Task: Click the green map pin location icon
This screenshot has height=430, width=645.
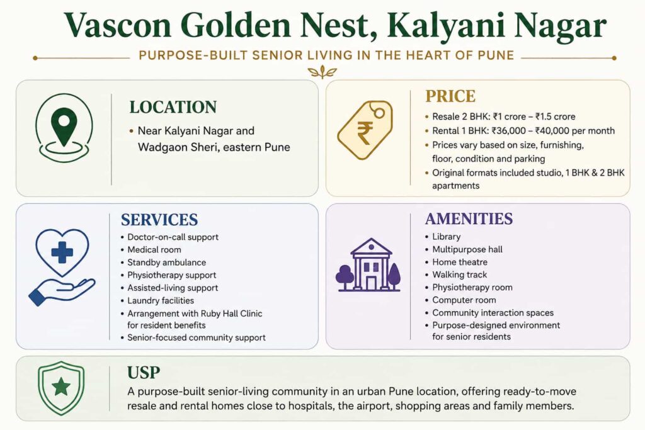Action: pyautogui.click(x=64, y=127)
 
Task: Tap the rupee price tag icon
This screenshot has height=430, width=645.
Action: pyautogui.click(x=365, y=130)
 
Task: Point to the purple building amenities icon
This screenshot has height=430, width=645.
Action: pyautogui.click(x=368, y=265)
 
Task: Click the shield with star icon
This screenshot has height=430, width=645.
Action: pyautogui.click(x=61, y=388)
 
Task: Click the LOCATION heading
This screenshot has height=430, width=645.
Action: pyautogui.click(x=173, y=107)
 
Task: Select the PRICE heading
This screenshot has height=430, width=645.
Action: pyautogui.click(x=450, y=96)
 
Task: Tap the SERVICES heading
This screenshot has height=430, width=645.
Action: pyautogui.click(x=159, y=220)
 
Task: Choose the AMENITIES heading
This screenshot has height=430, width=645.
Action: pyautogui.click(x=469, y=219)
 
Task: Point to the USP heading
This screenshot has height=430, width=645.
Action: pyautogui.click(x=144, y=373)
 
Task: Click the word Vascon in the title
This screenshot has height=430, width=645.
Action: pyautogui.click(x=117, y=25)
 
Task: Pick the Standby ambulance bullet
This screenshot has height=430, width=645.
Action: pyautogui.click(x=166, y=263)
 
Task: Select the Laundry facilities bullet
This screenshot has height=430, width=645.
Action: pyautogui.click(x=161, y=300)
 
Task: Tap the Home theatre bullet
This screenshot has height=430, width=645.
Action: pyautogui.click(x=459, y=263)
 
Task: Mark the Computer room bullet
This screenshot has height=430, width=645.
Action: pyautogui.click(x=464, y=300)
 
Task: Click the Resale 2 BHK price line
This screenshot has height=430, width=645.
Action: pyautogui.click(x=503, y=116)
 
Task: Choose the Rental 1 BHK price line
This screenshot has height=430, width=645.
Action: pyautogui.click(x=523, y=131)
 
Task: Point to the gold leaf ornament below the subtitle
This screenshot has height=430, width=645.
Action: pyautogui.click(x=322, y=72)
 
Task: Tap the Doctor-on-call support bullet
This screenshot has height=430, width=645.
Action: pyautogui.click(x=173, y=237)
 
